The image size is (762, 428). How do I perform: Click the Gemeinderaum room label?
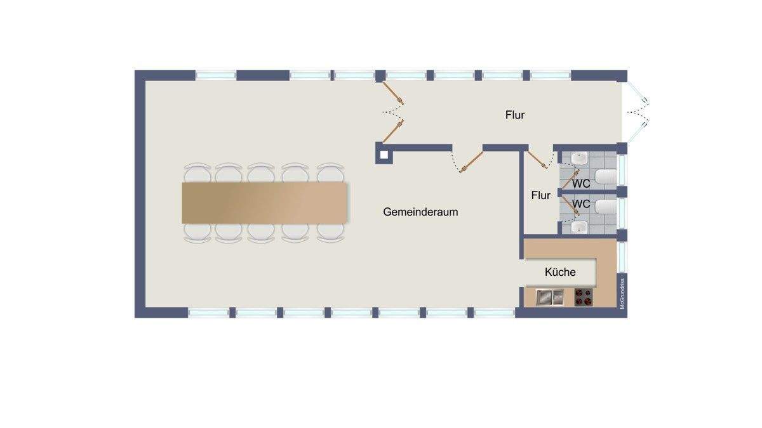(x=420, y=212)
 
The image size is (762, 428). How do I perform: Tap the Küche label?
(x=560, y=272)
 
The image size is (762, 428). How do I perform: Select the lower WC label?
(x=582, y=204)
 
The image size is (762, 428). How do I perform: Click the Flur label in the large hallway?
(x=515, y=115)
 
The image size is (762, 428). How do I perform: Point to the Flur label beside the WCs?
(x=540, y=195)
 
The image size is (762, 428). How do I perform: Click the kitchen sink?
(x=550, y=296)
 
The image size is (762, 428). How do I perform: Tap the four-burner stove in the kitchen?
(x=584, y=297)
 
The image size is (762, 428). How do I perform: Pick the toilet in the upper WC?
(x=606, y=177)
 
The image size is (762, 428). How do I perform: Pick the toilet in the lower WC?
(x=606, y=207)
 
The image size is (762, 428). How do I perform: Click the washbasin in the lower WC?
(x=579, y=225)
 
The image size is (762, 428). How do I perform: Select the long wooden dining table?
(x=265, y=202)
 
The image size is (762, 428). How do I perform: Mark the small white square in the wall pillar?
(x=382, y=153)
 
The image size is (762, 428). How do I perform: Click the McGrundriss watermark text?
(x=623, y=293)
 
